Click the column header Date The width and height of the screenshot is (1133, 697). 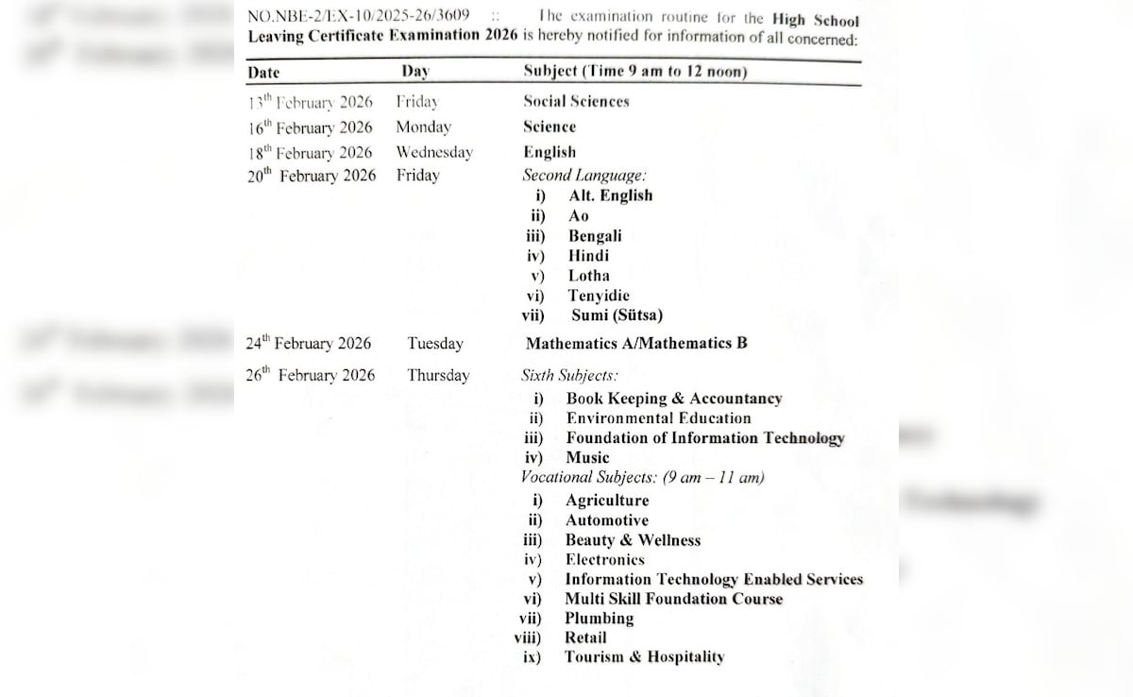(263, 72)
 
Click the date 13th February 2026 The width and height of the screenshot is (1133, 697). (310, 102)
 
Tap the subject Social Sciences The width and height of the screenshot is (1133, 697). (576, 101)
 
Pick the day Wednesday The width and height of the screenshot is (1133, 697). (433, 152)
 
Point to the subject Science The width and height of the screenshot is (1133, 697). (550, 127)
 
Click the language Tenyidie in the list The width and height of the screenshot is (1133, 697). (599, 296)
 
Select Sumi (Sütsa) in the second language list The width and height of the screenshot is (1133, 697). (617, 315)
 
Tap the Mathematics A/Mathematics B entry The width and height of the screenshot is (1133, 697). (636, 344)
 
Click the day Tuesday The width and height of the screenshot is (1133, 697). (435, 344)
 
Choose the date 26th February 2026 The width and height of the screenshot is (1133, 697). (310, 375)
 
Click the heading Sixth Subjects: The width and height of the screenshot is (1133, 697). (569, 375)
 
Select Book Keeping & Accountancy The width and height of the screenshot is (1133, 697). (674, 399)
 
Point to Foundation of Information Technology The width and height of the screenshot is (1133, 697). (705, 438)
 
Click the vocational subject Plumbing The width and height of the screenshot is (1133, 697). (599, 619)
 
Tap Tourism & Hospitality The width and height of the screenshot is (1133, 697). (644, 657)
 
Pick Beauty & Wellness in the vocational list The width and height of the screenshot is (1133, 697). (633, 540)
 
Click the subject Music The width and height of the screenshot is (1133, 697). (587, 458)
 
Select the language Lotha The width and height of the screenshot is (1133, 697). (588, 276)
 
